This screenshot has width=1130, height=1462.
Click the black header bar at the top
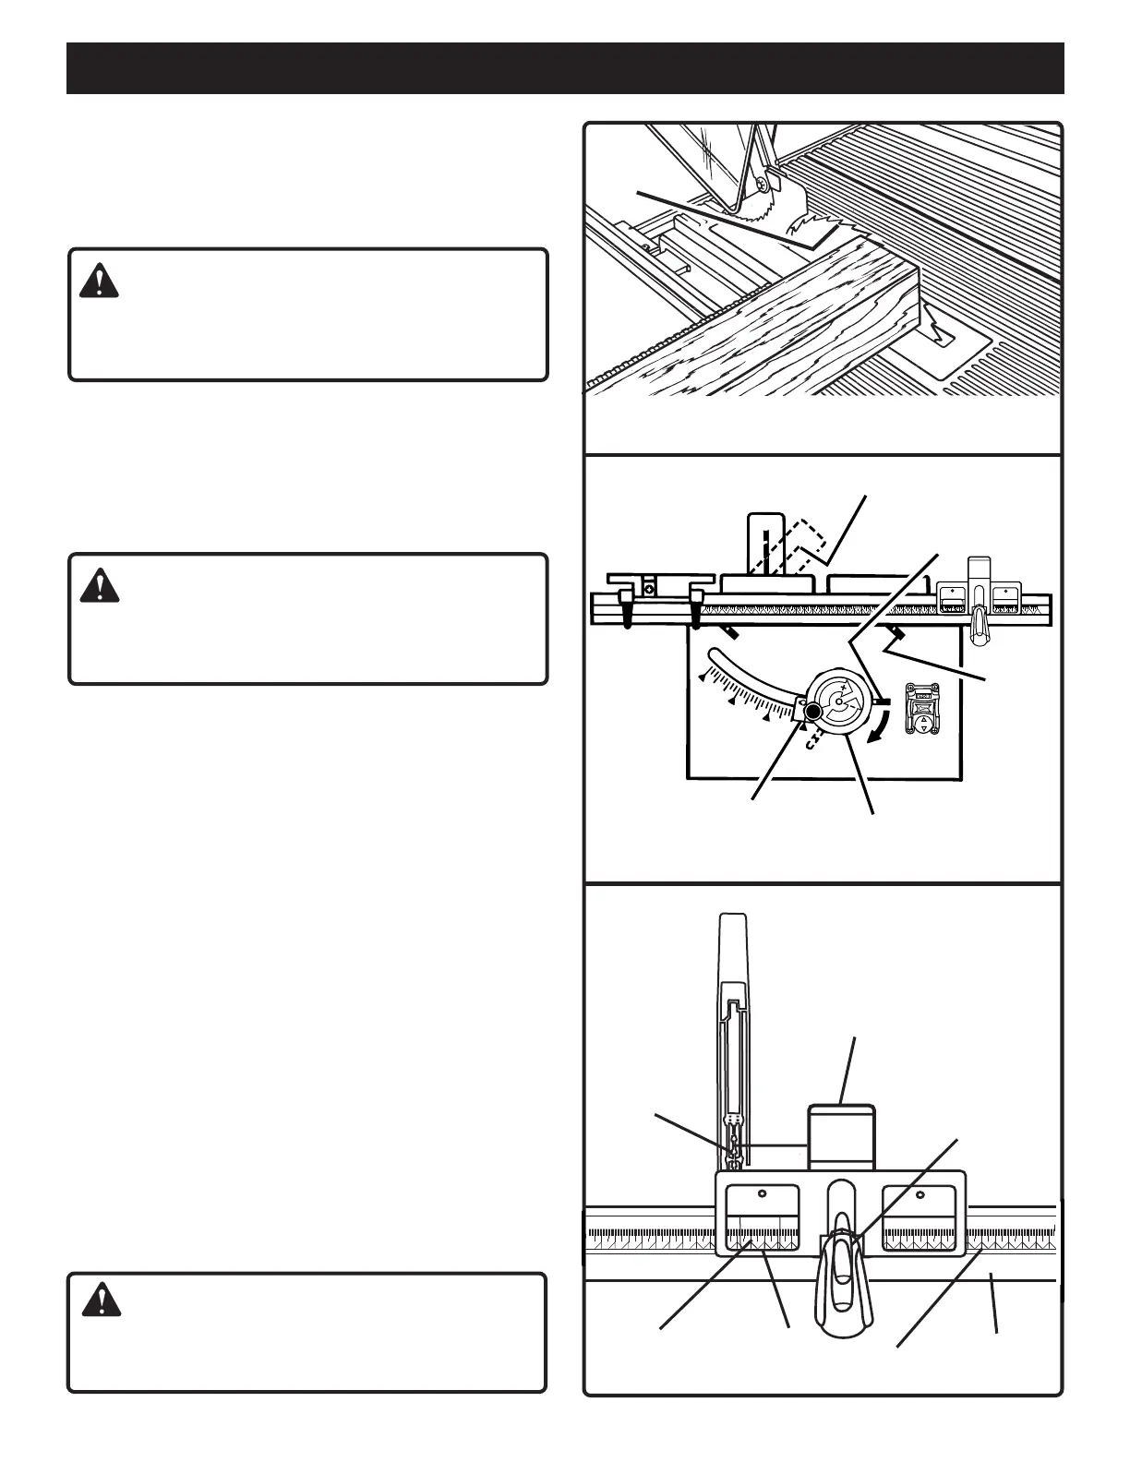coord(565,67)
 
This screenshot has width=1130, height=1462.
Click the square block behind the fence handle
coord(841,1137)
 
